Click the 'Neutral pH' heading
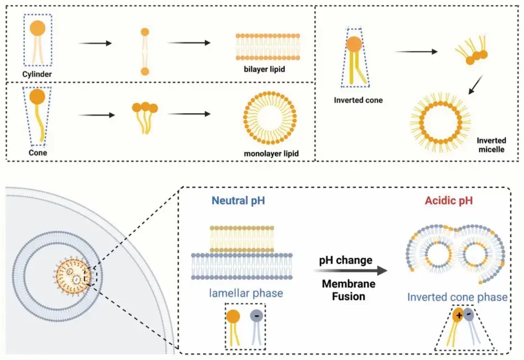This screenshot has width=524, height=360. [x=235, y=200]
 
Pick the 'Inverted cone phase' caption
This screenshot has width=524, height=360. [x=458, y=297]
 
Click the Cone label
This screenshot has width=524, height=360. [x=38, y=152]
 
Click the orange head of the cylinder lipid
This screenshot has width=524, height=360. [x=38, y=28]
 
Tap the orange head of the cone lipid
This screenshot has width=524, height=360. [x=37, y=97]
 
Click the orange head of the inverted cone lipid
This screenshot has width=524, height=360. [x=354, y=44]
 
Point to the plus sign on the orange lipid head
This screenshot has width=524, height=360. [x=458, y=316]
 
